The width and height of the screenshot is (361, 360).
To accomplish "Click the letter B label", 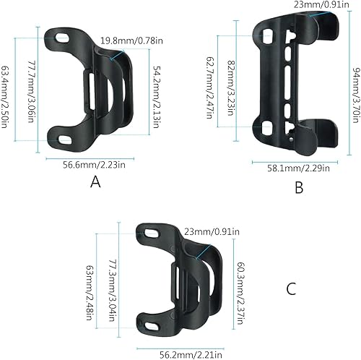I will [x=299, y=189].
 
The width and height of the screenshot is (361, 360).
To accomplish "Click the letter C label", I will [x=291, y=289].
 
